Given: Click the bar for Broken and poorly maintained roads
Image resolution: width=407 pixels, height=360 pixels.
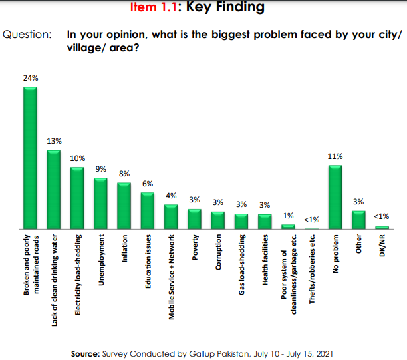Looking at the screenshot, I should pos(30,158).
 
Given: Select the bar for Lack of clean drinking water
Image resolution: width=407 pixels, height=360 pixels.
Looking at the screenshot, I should pos(54,190).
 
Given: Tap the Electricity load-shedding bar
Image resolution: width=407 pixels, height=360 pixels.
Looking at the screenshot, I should pos(77,198).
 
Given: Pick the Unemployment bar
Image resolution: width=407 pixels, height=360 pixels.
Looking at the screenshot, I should pos(100,203).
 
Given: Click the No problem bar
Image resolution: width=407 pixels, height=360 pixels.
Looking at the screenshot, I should pos(335,197).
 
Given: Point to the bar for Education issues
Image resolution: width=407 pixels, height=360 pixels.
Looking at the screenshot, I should pos(147,210).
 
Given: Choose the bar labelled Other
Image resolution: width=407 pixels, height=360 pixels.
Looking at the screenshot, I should pos(358,220).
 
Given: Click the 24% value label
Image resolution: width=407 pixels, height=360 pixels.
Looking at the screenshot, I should pos(31,78).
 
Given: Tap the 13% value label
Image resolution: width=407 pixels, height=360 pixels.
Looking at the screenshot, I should pos(54,141).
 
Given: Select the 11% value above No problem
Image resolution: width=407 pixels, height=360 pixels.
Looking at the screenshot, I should pos(335,156).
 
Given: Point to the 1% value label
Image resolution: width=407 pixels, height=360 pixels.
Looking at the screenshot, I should pos(288,216).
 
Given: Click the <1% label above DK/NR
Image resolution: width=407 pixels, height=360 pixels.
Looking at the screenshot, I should pos(382,216).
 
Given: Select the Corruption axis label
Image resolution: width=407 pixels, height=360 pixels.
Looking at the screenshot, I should pos(218,252).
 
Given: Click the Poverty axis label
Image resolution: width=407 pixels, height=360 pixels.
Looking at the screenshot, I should pos(194,246).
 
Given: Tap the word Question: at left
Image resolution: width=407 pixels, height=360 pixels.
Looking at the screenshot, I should pos(28,33).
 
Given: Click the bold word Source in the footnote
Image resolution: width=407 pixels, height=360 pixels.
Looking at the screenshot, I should pos(85,353).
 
